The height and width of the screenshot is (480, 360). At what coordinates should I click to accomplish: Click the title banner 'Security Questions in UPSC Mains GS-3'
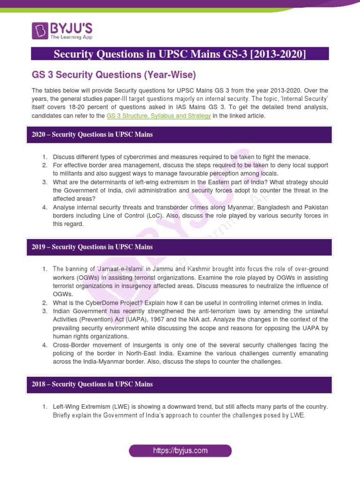click(x=180, y=54)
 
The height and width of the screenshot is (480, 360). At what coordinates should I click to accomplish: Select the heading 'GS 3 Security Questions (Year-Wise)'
click(x=113, y=75)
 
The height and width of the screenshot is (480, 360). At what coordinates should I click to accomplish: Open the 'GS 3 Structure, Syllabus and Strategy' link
click(x=158, y=116)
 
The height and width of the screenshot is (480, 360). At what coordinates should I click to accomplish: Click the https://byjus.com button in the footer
click(x=180, y=451)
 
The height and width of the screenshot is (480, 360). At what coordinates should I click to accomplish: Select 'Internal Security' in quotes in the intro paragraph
click(x=306, y=99)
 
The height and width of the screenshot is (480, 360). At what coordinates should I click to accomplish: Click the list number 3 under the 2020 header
click(x=45, y=182)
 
